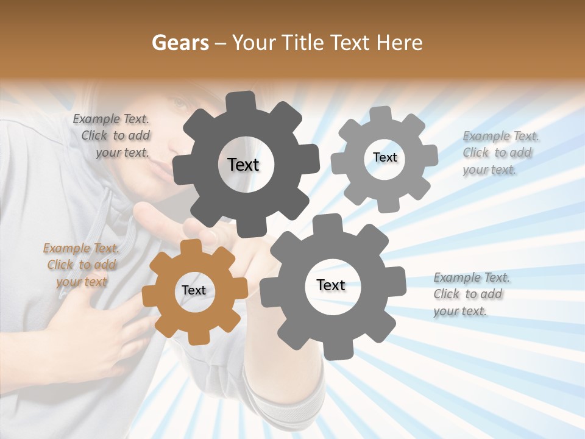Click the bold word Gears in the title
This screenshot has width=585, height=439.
pyautogui.click(x=180, y=43)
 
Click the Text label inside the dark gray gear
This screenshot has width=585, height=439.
pyautogui.click(x=243, y=165)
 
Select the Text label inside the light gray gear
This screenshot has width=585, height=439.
pyautogui.click(x=385, y=157)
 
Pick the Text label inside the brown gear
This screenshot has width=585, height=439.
pyautogui.click(x=194, y=290)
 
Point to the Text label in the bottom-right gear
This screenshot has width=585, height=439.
pyautogui.click(x=331, y=285)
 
